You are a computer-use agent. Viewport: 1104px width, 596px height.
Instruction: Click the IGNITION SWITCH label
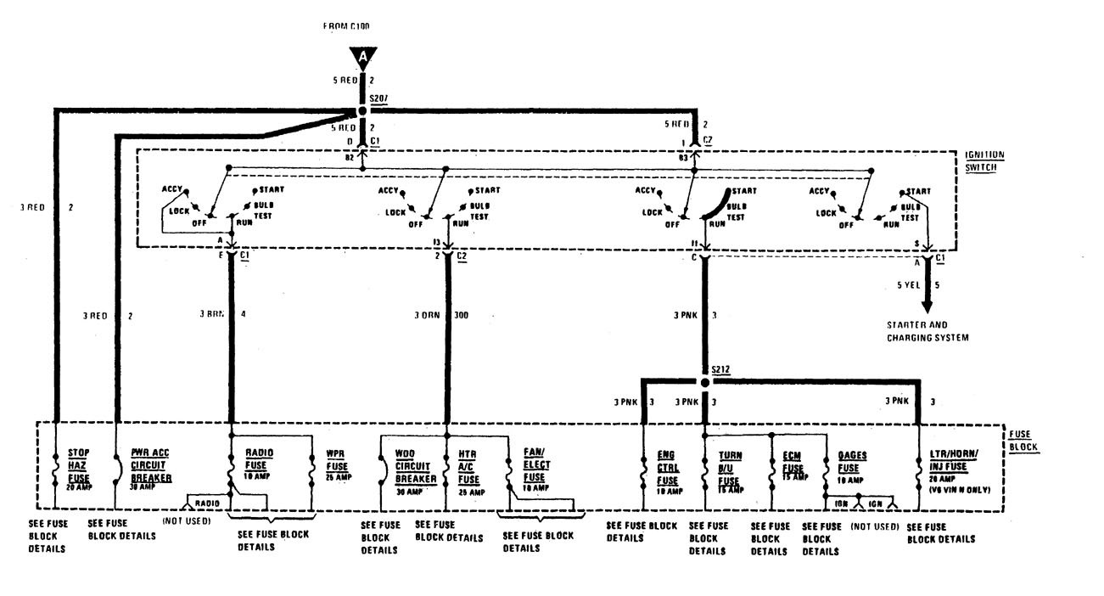(984, 160)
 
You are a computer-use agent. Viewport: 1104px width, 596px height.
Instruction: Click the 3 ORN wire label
(427, 316)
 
